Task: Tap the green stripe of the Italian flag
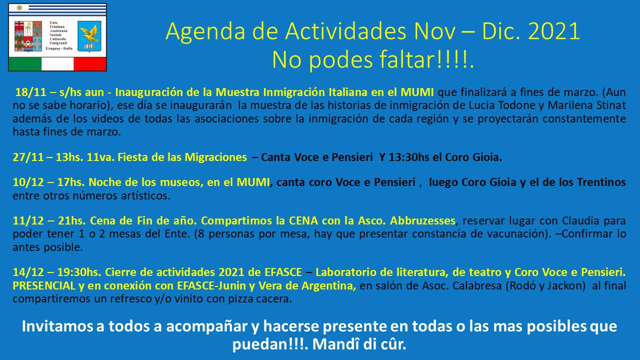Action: point(25,63)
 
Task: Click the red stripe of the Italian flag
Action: point(90,63)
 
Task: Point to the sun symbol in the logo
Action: point(19,7)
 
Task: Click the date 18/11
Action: point(30,92)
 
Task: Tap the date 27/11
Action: point(28,157)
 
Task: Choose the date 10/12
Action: point(28,182)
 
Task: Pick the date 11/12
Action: point(28,221)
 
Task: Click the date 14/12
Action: point(28,272)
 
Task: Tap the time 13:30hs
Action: point(409,157)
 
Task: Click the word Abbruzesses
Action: point(423,221)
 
